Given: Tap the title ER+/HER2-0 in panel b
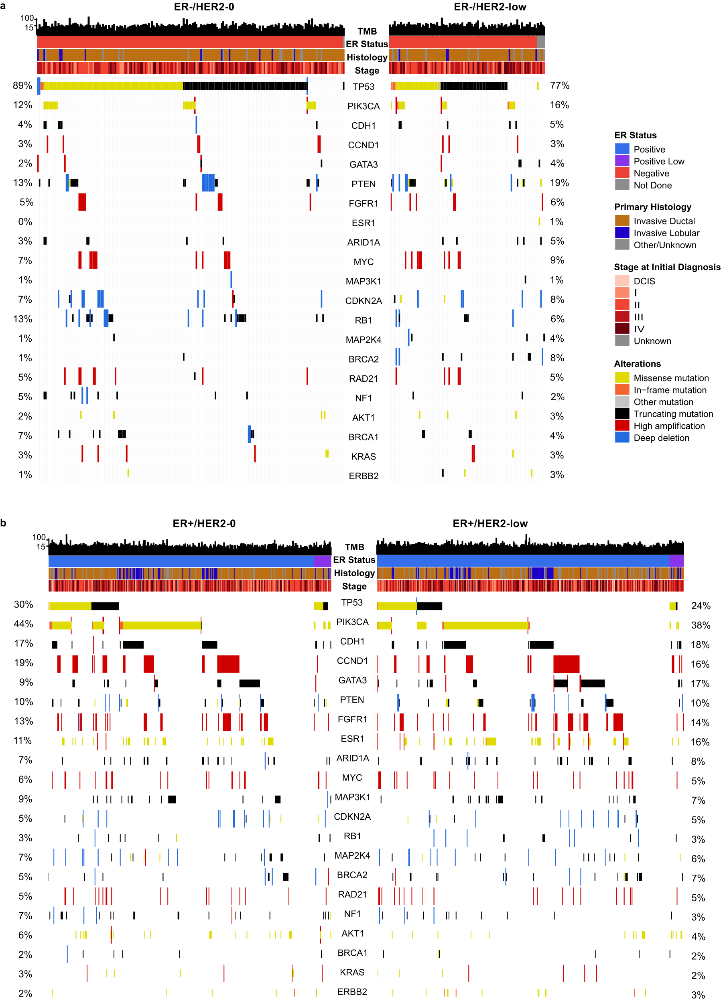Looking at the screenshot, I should pos(204,523).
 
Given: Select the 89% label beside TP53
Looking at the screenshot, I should pos(22,85).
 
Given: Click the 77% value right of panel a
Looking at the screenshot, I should pos(559,85).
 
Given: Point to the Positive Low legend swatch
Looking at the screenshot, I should pos(621,161).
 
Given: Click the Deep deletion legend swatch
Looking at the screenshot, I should pos(621,438).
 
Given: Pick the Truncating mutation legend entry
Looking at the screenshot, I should pos(673,414).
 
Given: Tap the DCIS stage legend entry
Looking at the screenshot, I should pos(644,281).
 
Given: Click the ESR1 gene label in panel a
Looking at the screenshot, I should pos(363,223).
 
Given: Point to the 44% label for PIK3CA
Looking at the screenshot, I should pos(23,624).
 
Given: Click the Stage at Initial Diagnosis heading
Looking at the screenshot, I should pos(666,267).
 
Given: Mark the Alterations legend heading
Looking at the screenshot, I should pos(637,364).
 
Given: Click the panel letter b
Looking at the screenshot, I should pos(4,523).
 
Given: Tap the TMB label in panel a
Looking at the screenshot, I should pos(367,31).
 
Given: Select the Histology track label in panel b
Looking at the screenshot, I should pos(354,573).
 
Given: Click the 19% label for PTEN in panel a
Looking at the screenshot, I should pos(559,182).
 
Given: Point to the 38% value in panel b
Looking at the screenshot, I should pos(700,625).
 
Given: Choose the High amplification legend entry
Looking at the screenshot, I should pos(669,426).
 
